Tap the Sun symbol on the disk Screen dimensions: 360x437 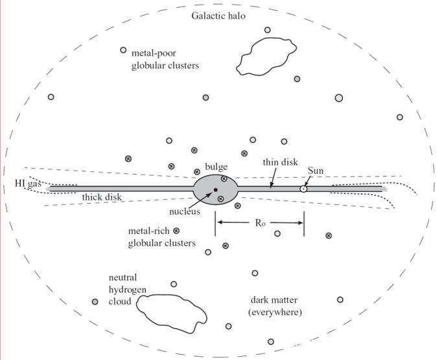(303, 189)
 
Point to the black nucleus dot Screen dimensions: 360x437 (215, 189)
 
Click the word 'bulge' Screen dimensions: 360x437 (215, 167)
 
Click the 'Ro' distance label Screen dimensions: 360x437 (260, 222)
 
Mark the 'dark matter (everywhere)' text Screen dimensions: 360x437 (276, 306)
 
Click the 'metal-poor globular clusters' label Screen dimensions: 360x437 (165, 60)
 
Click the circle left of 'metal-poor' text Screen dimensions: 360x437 (123, 50)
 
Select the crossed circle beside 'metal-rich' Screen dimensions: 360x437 (176, 230)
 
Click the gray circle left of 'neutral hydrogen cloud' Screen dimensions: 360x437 (95, 302)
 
